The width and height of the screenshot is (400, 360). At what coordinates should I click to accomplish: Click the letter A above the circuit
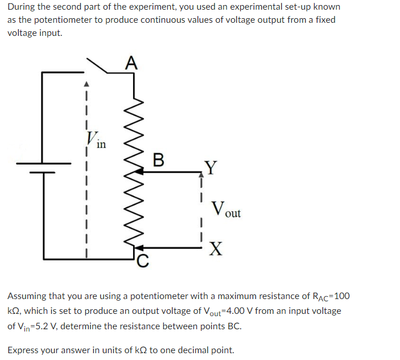click(x=131, y=62)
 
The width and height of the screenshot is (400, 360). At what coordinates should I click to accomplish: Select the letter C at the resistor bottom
click(x=143, y=261)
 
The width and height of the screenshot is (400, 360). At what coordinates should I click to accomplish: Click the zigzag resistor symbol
click(x=134, y=171)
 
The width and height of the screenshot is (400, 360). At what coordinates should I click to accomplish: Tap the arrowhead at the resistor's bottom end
click(x=141, y=248)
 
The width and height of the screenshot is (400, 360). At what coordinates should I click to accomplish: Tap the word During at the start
click(x=21, y=7)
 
